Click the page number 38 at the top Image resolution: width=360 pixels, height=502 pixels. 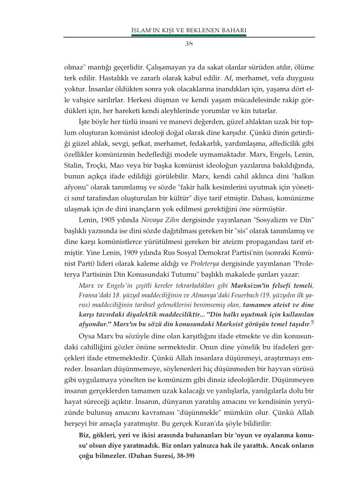189,43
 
